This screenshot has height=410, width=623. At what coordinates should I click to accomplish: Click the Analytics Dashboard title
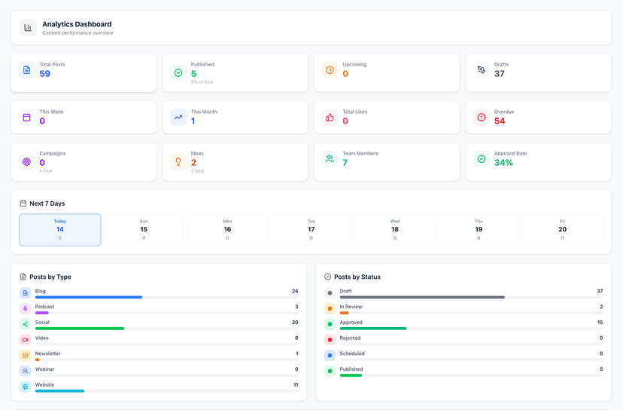pos(77,24)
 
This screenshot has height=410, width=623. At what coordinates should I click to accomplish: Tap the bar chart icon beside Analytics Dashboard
pos(28,28)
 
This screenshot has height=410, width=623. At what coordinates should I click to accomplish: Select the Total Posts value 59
pos(45,74)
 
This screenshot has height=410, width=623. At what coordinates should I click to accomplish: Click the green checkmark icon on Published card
pos(178,72)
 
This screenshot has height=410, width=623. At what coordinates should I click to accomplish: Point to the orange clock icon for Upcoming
pos(330,70)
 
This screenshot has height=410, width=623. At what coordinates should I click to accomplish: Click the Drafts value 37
pos(500,74)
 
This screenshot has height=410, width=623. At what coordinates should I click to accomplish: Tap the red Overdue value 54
pos(500,121)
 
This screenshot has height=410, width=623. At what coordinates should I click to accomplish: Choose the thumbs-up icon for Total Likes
pos(330,118)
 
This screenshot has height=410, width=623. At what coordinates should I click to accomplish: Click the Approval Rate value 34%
pos(503,163)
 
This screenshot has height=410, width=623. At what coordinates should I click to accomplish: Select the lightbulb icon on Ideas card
pos(178,161)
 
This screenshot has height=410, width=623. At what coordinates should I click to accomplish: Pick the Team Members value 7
pos(345,163)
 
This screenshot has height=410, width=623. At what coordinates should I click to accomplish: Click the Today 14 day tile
pos(60,230)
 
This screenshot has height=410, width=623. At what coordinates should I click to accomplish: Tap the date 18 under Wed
pos(395,229)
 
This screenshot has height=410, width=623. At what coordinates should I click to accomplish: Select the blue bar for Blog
pos(89,297)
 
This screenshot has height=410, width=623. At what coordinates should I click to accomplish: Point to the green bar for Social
pos(80,329)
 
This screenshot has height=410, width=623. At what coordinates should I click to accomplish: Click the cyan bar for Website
pos(59,391)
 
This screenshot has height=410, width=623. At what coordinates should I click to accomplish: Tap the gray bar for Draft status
pos(422,297)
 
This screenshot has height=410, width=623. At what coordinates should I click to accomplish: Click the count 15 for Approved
pos(600,323)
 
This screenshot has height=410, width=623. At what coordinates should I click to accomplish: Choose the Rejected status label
pos(350,338)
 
